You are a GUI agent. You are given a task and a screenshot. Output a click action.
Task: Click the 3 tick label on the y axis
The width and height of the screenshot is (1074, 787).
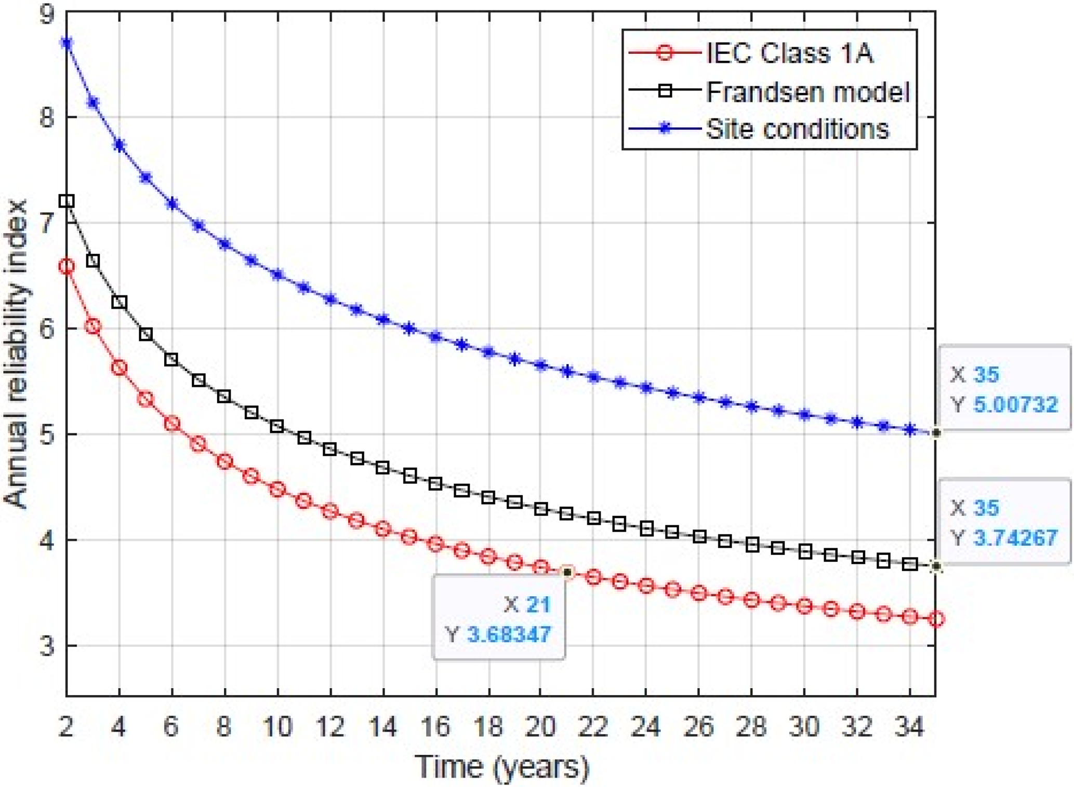click(x=47, y=646)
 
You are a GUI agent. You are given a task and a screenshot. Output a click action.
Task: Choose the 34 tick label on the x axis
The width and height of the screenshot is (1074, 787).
click(x=909, y=726)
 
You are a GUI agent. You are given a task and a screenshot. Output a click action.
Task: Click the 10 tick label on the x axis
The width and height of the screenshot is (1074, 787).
click(x=277, y=726)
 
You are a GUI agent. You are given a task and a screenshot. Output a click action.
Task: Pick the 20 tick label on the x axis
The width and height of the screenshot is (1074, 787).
click(x=541, y=726)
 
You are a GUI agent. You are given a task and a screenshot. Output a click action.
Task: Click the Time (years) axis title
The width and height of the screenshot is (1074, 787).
click(x=501, y=767)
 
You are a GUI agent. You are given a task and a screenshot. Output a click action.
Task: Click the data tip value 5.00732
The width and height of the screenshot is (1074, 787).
click(x=1015, y=404)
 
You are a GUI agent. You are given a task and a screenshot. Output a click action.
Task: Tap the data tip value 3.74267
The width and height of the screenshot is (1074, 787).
click(x=1015, y=538)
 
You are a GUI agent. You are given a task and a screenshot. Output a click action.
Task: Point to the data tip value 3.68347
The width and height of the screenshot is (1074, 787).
click(x=509, y=634)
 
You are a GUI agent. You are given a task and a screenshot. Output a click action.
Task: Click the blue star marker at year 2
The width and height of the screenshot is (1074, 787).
click(x=67, y=43)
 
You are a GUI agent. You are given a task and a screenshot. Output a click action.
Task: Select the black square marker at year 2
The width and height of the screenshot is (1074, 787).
click(x=67, y=201)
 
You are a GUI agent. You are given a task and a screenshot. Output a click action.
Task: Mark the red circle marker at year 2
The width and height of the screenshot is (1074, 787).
click(x=67, y=267)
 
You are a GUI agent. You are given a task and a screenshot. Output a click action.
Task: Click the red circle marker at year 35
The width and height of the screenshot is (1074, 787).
click(x=936, y=619)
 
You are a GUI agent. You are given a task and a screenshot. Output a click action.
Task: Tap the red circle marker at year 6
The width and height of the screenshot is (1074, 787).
click(x=172, y=424)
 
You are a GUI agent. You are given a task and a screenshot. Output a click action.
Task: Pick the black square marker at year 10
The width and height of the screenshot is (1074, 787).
click(x=277, y=427)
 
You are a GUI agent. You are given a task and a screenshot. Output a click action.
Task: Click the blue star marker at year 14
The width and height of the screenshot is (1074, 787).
click(x=383, y=319)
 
